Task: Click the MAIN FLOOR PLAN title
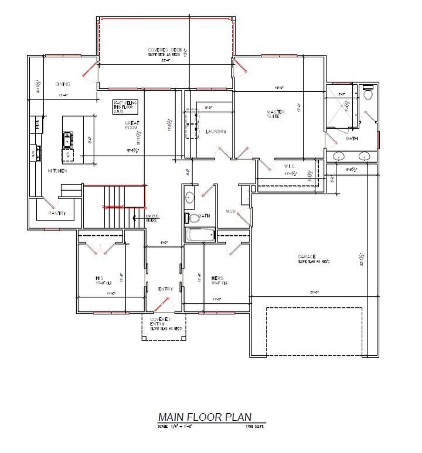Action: pyautogui.click(x=205, y=417)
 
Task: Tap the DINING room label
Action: pyautogui.click(x=63, y=84)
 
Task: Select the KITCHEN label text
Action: pyautogui.click(x=57, y=171)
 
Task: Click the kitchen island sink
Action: pyautogui.click(x=68, y=139)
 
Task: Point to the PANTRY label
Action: pyautogui.click(x=57, y=213)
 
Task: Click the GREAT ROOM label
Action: pyautogui.click(x=131, y=125)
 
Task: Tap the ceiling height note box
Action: pyautogui.click(x=125, y=105)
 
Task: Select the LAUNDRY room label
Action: pyautogui.click(x=216, y=132)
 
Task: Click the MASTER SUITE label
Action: pyautogui.click(x=276, y=114)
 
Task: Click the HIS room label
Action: pyautogui.click(x=100, y=277)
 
